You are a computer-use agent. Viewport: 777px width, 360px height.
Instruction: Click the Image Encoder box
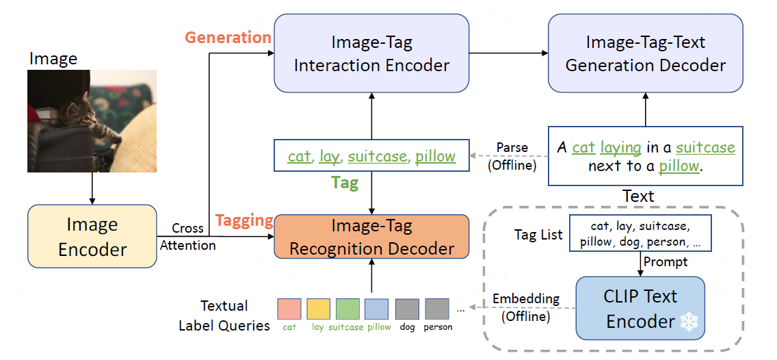(92, 237)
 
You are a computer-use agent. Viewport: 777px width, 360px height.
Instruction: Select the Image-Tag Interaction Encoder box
(371, 53)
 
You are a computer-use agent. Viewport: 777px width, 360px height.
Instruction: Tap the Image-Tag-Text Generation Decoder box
(645, 53)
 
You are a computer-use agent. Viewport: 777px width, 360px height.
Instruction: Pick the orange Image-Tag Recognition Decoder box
(371, 237)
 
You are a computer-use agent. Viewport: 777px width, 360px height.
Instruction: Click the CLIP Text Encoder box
(640, 309)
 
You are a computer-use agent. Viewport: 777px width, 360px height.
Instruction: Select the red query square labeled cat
(289, 309)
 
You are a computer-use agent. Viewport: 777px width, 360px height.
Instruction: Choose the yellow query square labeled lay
(318, 309)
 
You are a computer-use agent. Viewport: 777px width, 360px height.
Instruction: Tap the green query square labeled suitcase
(348, 309)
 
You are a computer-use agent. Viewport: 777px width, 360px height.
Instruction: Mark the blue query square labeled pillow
(377, 309)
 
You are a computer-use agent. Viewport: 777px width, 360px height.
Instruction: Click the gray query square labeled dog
(407, 309)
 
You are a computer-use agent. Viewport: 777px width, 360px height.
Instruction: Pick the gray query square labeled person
(436, 309)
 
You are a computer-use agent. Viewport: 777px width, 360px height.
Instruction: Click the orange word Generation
(228, 38)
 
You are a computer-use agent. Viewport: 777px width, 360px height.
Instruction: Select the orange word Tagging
(244, 220)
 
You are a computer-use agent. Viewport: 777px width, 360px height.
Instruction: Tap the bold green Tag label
(345, 183)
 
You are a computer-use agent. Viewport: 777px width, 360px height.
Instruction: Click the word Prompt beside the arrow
(665, 261)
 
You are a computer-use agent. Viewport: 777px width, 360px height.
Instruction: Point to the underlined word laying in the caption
(621, 148)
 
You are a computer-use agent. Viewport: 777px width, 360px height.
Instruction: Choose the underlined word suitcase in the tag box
(377, 157)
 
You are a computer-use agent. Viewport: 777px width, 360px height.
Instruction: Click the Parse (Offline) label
(512, 157)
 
